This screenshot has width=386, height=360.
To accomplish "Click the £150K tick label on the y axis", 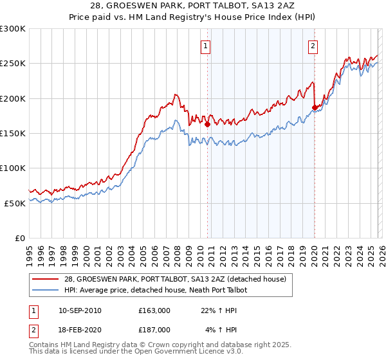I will (13, 133).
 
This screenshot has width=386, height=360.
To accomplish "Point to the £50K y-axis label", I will (15, 203).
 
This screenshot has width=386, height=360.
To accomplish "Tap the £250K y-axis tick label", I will (13, 64).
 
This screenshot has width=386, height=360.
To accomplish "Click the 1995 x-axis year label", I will (30, 251).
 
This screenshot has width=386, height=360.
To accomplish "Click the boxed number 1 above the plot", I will (205, 45).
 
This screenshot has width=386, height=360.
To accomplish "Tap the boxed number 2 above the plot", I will (313, 45).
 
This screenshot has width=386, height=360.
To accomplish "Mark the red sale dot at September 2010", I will (207, 125).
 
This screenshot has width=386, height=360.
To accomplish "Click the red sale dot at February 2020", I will (315, 108).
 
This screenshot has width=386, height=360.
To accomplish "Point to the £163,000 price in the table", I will (154, 310).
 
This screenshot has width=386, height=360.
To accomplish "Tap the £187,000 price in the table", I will (154, 330).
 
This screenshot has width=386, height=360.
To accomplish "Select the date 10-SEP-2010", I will (80, 310).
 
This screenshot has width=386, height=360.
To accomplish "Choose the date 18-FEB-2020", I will (80, 330).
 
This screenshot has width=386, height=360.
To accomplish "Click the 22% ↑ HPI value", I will (219, 310).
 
